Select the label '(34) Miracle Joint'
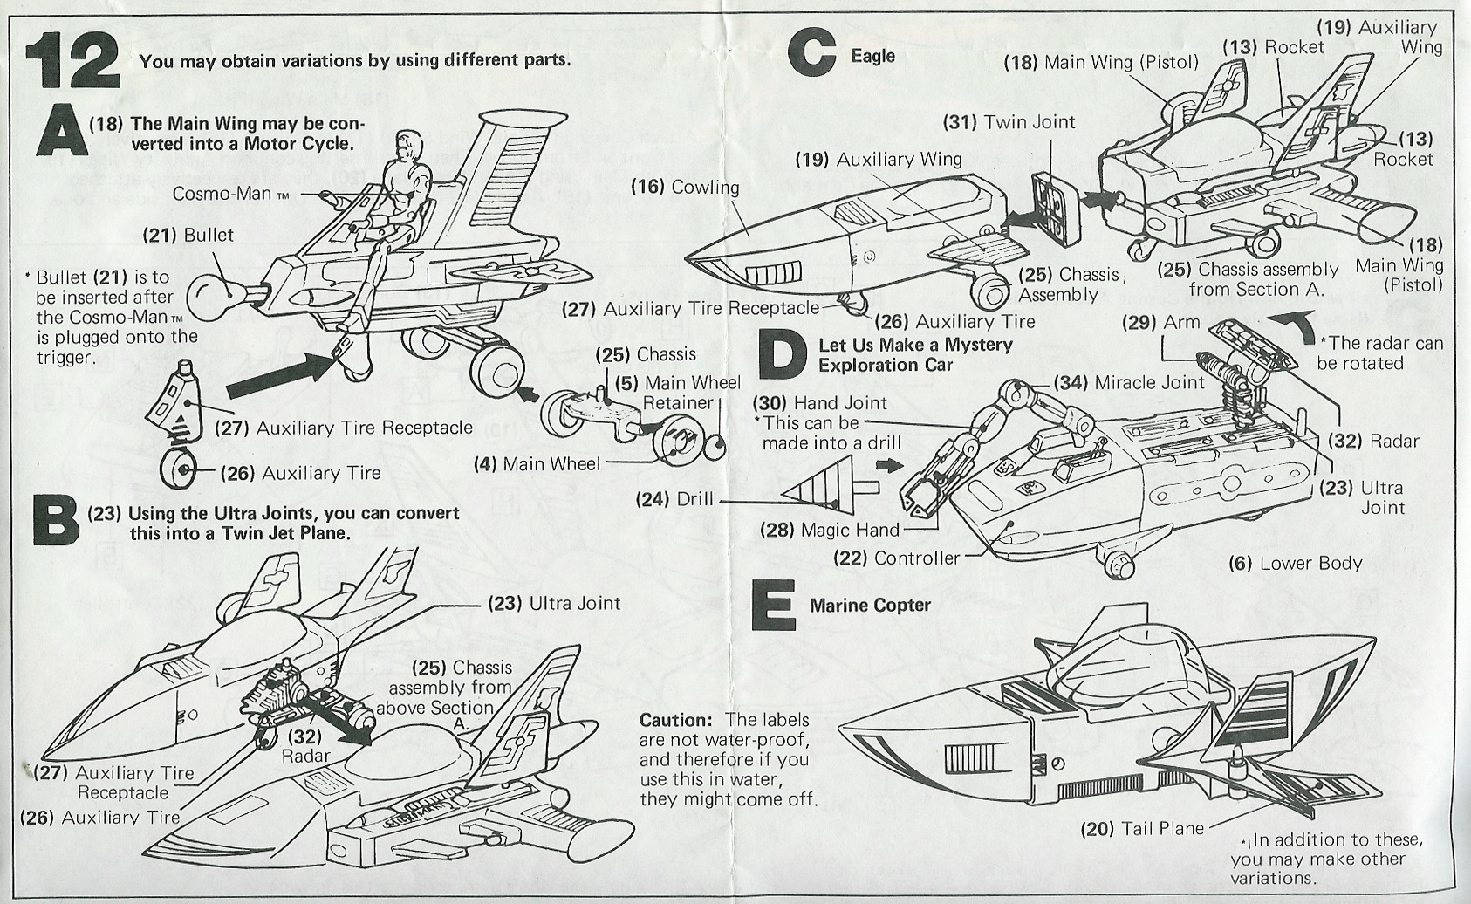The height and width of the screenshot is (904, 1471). tap(1129, 382)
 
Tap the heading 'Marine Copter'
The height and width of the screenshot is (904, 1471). tap(870, 605)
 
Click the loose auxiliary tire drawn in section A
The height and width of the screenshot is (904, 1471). tap(182, 469)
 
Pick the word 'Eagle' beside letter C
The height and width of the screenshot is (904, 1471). tap(872, 56)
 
